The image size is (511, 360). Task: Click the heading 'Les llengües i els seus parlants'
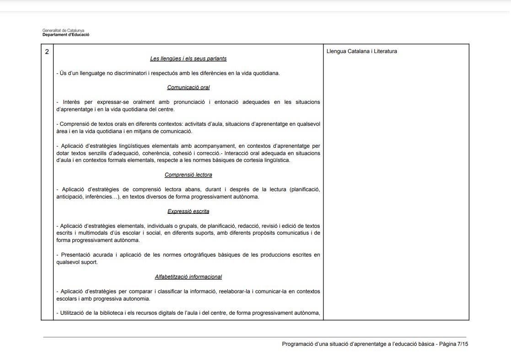click(188, 59)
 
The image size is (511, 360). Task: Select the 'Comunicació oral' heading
click(188, 87)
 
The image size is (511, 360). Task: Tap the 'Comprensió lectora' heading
click(188, 175)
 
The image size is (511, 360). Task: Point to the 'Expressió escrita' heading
click(188, 211)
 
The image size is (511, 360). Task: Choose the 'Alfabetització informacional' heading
click(188, 277)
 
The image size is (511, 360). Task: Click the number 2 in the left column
click(47, 51)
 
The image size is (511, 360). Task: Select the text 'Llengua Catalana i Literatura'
click(361, 51)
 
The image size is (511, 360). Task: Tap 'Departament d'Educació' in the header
click(66, 35)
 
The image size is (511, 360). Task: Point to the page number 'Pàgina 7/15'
click(454, 344)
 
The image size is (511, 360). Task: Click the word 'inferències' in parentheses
click(100, 197)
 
